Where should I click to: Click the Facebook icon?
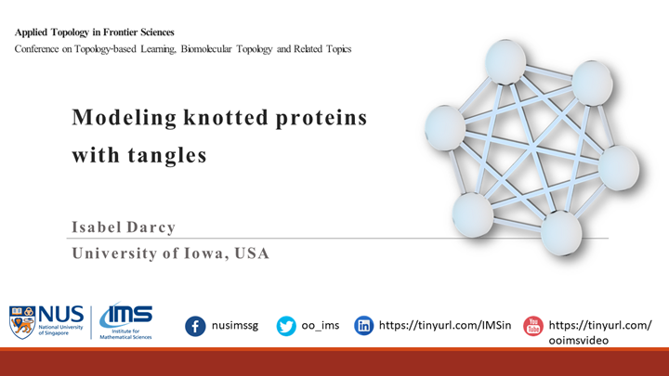[x=196, y=326]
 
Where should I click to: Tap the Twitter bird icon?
[x=286, y=326]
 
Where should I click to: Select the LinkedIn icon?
[x=365, y=326]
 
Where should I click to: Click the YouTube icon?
[x=533, y=326]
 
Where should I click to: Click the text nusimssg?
[x=241, y=326]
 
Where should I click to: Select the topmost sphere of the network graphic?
[x=505, y=59]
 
